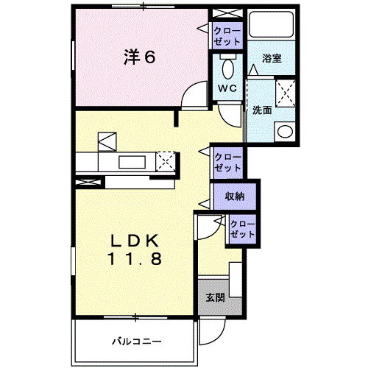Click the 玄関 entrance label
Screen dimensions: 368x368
[x=214, y=298]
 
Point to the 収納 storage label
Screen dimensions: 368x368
[x=235, y=197]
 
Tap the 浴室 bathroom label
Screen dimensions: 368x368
[x=272, y=59]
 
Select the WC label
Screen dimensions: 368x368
[x=226, y=88]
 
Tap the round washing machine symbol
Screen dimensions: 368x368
[x=284, y=132]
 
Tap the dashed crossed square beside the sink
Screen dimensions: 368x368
[x=167, y=160]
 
